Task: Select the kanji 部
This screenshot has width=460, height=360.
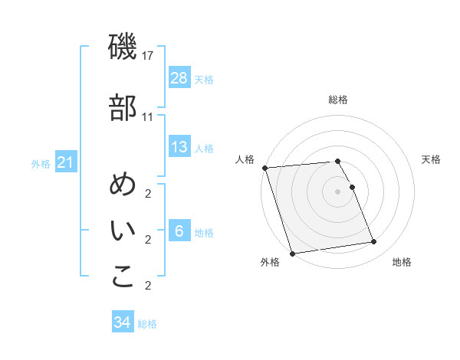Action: (123, 108)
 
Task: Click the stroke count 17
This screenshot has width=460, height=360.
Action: (148, 56)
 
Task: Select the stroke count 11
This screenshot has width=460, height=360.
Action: (148, 116)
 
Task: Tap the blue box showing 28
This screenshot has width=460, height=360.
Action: (179, 77)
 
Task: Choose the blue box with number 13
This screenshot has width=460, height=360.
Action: (179, 147)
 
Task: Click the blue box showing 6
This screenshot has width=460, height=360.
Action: (179, 231)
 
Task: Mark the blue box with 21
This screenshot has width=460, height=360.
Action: (65, 162)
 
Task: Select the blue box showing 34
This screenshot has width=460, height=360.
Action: (122, 322)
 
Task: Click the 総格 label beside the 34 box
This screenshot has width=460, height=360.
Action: (147, 324)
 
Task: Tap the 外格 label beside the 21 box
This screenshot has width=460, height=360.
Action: (41, 163)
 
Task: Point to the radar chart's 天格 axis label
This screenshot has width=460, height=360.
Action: (432, 159)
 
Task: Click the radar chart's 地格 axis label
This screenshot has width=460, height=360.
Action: (402, 262)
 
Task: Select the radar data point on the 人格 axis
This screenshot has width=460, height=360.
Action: (264, 168)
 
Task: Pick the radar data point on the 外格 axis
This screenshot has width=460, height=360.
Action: (292, 253)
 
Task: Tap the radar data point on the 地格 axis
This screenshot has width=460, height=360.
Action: (373, 242)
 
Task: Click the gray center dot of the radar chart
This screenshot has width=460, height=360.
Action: (337, 191)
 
